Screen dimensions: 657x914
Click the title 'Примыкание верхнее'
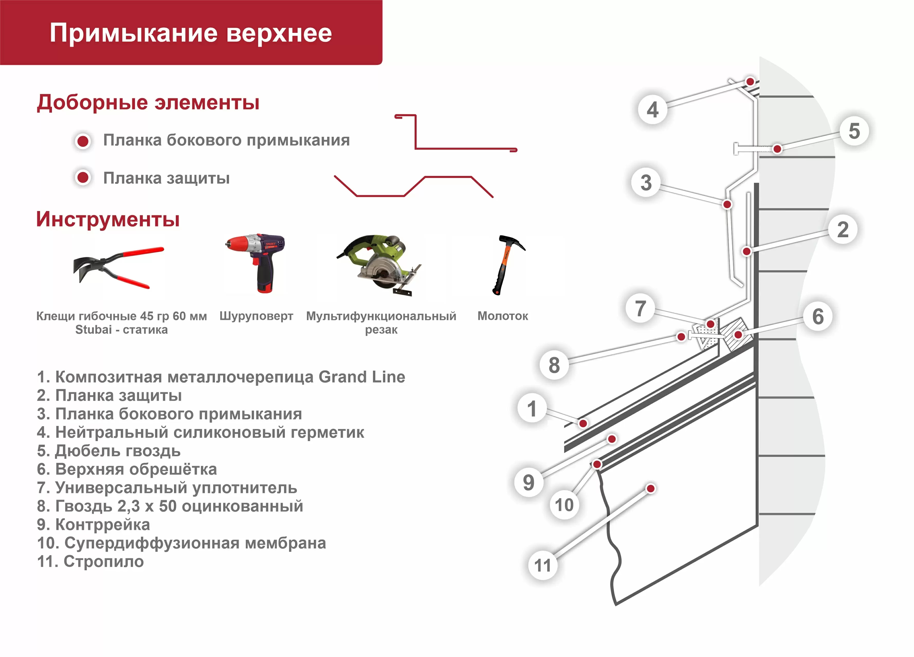(191, 33)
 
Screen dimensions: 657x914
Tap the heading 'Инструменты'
(108, 220)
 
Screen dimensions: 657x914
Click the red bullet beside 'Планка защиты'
(83, 177)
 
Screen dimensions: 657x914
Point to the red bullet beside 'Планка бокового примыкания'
(83, 141)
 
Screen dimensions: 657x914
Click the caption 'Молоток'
(502, 316)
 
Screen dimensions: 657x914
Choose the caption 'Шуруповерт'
(256, 316)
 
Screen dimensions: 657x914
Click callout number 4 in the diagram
(652, 109)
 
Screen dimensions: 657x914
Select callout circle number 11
(542, 565)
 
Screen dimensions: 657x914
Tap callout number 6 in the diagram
(818, 316)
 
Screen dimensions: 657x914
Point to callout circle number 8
(554, 365)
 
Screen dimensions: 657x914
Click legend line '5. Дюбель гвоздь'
(109, 451)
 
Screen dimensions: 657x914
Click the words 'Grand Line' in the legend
(361, 377)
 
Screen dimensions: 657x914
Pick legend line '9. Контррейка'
(94, 525)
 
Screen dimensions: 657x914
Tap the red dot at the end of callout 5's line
(777, 149)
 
